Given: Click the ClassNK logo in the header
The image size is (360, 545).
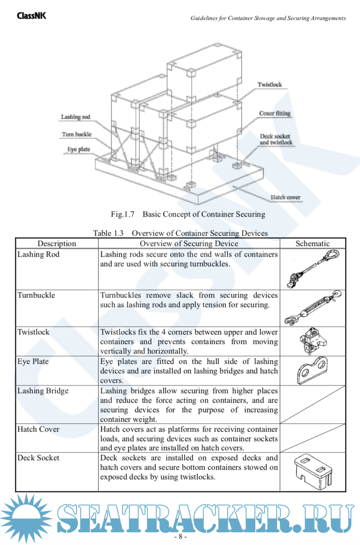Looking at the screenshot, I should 31,16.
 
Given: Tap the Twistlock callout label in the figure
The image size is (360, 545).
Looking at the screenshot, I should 269,84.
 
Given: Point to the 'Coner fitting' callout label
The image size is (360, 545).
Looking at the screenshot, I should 275,113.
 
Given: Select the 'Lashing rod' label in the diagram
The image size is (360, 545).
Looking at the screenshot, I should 75,117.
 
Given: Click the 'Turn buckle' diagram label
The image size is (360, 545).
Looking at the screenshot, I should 77,134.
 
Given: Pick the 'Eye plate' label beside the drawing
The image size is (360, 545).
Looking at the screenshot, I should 79,150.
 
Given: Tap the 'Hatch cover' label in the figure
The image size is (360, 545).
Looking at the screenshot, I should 285,197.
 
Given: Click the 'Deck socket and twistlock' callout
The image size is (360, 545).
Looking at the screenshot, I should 276,139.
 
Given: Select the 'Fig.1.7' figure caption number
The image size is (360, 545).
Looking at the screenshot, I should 123,215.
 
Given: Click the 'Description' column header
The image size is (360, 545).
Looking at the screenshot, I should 57,244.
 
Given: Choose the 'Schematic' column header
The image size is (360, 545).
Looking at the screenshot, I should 312,244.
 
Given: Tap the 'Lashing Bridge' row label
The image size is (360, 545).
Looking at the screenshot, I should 43,391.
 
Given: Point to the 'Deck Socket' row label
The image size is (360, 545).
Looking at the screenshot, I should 38,458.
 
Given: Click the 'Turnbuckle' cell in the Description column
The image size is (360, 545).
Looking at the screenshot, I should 36,295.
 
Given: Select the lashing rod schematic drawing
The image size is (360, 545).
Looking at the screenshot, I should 313,269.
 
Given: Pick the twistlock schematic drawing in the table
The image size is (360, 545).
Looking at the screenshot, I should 312,341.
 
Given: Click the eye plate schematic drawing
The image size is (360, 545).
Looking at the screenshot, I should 312,370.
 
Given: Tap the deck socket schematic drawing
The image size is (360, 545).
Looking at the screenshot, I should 313,470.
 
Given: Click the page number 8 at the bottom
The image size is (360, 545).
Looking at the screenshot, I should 180,537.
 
